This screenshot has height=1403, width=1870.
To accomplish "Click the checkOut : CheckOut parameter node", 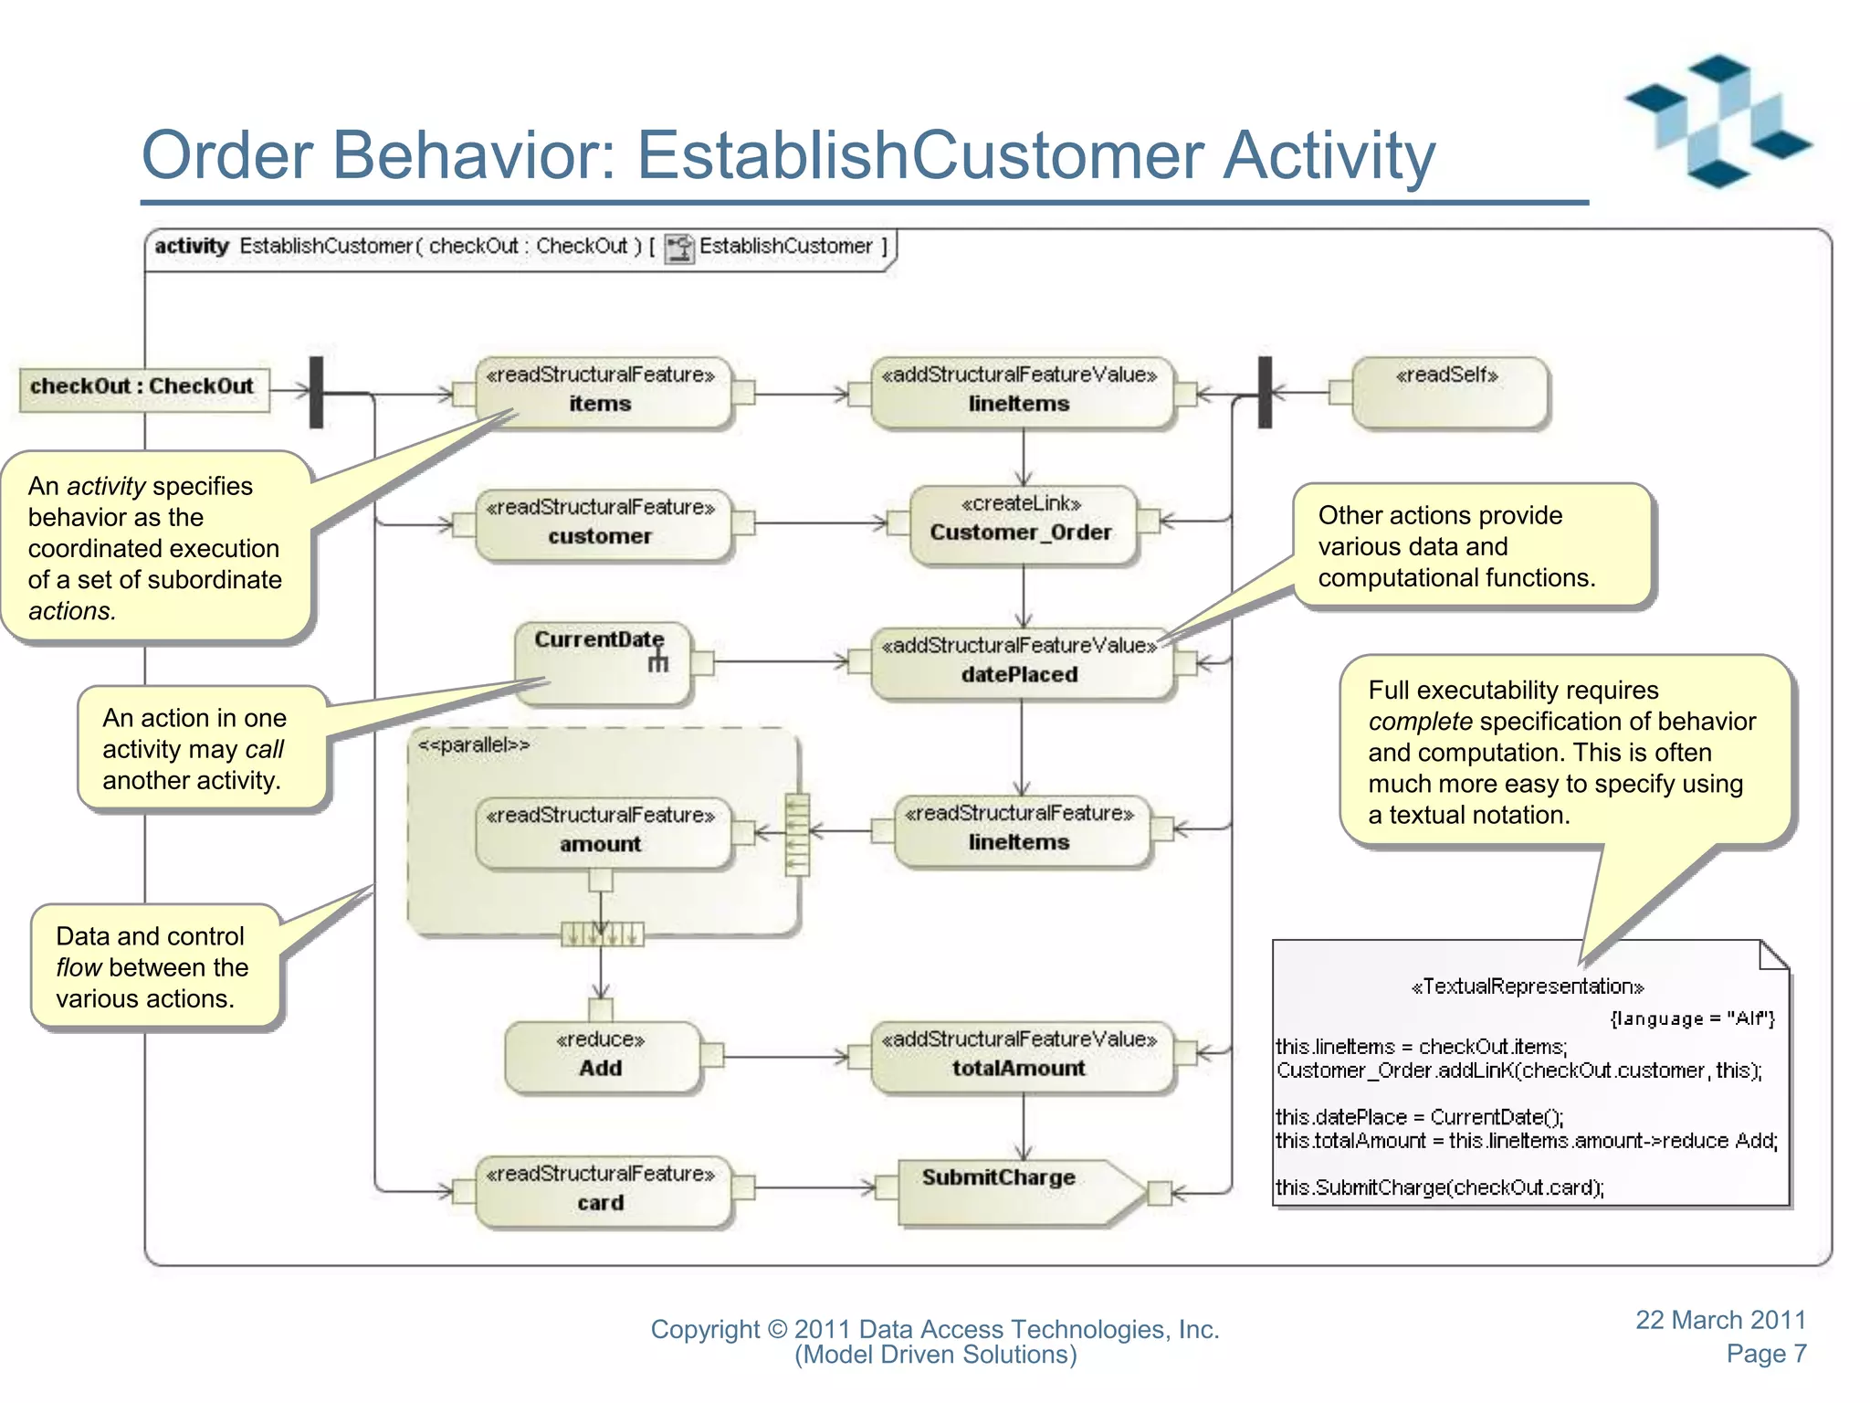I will point(143,387).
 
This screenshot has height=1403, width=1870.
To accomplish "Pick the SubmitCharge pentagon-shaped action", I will point(1014,1189).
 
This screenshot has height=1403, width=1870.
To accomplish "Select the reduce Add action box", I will point(601,1056).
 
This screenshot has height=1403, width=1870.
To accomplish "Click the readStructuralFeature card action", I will point(601,1189).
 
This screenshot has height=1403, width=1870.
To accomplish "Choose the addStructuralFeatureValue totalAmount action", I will point(1020,1056).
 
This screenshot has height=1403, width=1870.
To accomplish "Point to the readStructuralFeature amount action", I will point(601,831).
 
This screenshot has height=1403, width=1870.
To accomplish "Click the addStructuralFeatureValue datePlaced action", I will point(1020,661).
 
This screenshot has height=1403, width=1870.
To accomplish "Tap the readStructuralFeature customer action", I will point(601,523).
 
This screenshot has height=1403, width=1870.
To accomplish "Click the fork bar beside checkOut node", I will point(316,393).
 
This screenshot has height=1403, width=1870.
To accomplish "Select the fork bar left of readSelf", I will point(1265,393).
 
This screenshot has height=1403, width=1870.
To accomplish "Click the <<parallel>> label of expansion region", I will point(473,745).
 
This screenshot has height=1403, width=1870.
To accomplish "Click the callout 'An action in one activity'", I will point(201,749).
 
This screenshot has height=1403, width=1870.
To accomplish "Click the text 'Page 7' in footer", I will point(1765,1354).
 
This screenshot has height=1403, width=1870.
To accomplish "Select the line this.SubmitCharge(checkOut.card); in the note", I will point(1439,1187).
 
